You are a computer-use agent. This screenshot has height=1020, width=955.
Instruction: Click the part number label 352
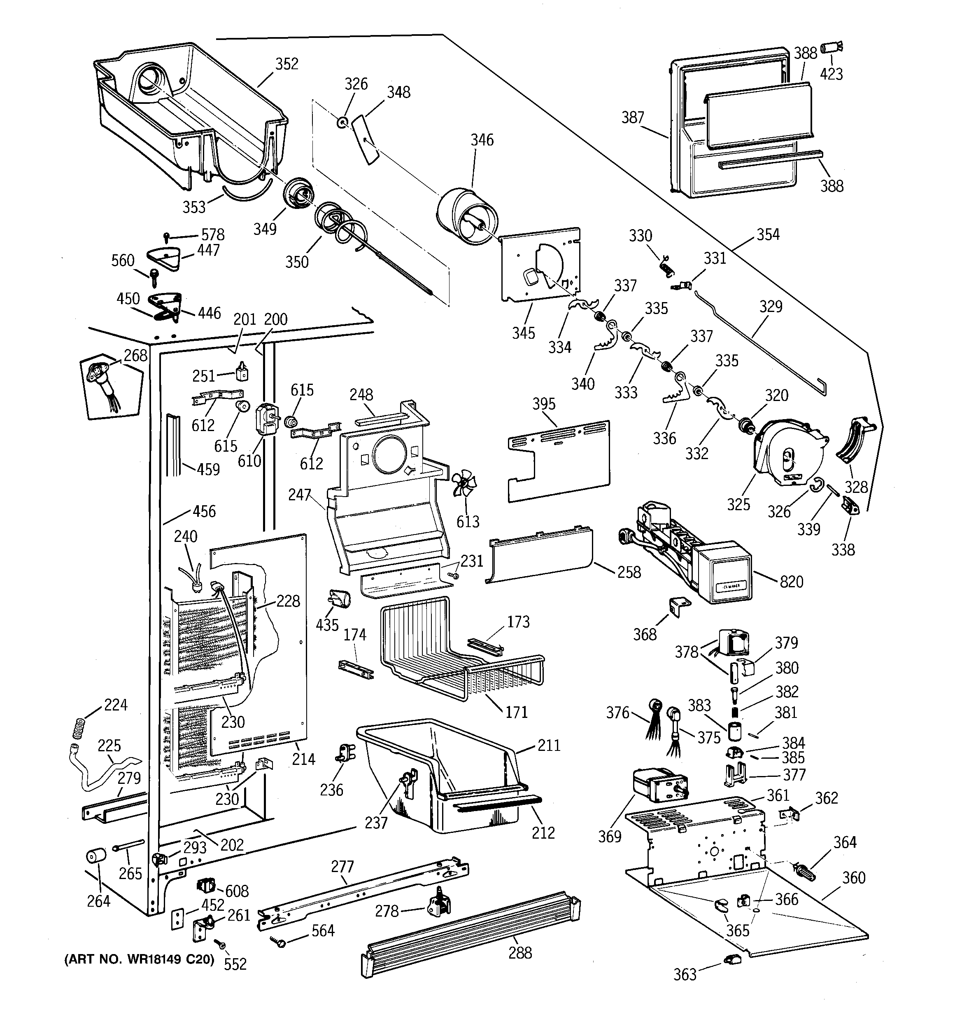(x=286, y=64)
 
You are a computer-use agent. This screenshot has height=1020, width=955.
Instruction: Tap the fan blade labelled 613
(x=464, y=484)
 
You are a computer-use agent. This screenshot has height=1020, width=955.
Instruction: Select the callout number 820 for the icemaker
(x=792, y=582)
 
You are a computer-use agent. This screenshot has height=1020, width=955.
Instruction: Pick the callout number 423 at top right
(x=831, y=75)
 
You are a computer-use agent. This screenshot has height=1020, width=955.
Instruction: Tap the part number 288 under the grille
(x=520, y=953)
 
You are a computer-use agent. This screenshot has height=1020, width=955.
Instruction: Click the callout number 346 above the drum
(x=482, y=140)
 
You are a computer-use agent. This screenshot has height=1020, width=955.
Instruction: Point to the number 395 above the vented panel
(x=543, y=404)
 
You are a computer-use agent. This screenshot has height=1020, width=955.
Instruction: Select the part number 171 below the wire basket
(x=516, y=712)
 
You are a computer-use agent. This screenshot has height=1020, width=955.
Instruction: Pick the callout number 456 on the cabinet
(x=204, y=511)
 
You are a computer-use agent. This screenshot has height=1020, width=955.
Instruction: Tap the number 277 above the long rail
(x=342, y=867)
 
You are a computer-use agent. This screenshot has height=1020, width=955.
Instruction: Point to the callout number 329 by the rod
(x=771, y=306)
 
